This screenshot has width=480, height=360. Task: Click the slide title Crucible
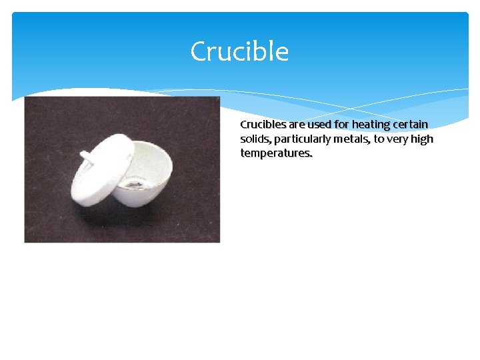(239, 52)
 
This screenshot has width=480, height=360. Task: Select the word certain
(411, 125)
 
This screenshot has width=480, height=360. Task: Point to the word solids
(256, 139)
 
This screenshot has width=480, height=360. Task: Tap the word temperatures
(275, 153)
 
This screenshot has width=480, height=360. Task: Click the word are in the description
(297, 125)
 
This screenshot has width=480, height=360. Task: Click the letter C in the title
(199, 52)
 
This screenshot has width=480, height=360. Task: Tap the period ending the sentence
(311, 155)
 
